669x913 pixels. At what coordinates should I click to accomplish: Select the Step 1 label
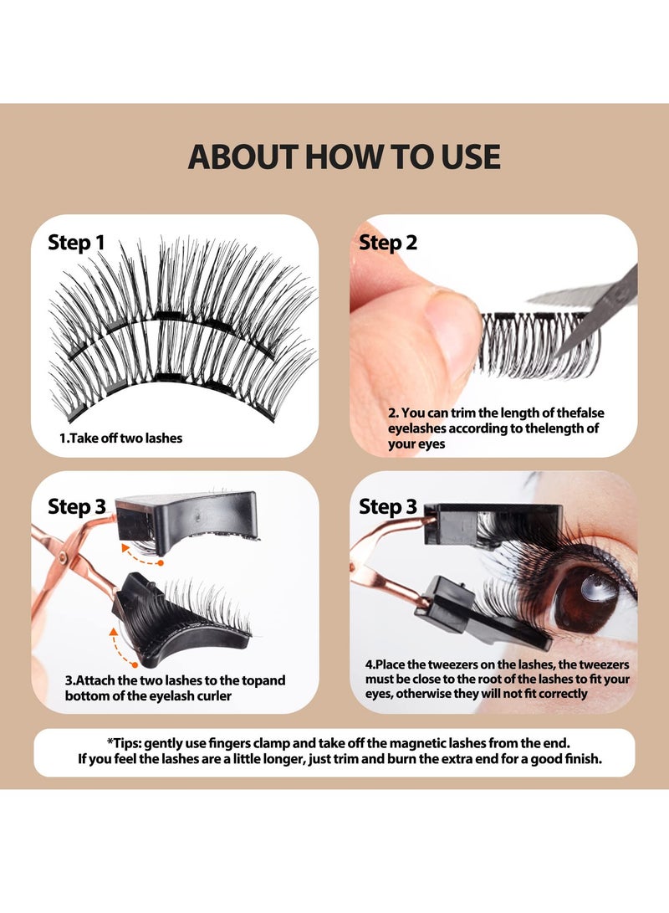click(76, 243)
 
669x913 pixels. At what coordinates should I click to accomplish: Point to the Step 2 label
click(388, 243)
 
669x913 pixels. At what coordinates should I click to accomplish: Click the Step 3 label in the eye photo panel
click(388, 506)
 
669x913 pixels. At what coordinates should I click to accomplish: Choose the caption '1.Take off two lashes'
click(120, 438)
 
